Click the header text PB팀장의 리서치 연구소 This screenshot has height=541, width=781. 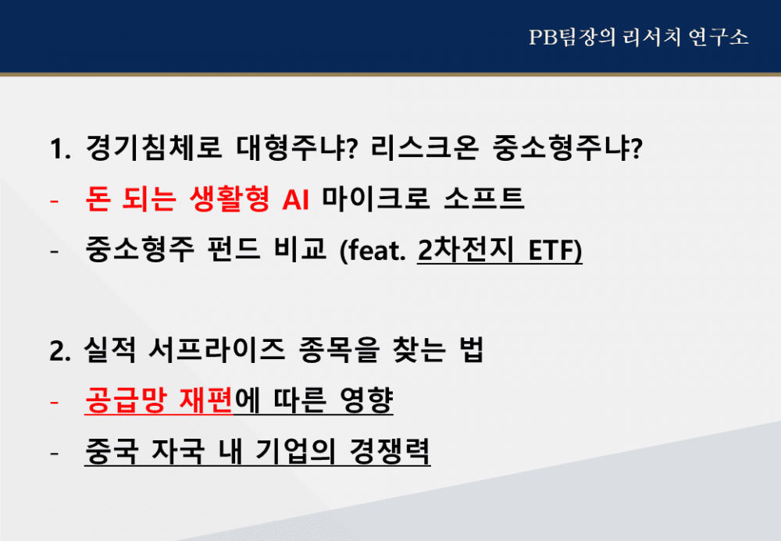tap(639, 37)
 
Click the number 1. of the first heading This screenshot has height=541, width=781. tap(60, 148)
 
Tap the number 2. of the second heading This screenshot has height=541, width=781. tap(60, 351)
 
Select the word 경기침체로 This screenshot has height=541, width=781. tap(153, 148)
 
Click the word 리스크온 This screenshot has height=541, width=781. tap(425, 148)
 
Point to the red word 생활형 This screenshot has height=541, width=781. tap(230, 198)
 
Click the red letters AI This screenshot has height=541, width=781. tap(295, 200)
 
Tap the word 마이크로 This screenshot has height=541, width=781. tap(376, 198)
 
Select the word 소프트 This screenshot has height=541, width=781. tap(483, 198)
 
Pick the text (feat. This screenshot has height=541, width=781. tap(372, 251)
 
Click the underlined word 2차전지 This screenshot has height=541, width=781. tap(465, 249)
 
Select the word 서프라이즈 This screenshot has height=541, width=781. tap(216, 350)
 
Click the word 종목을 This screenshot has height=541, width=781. tap(339, 350)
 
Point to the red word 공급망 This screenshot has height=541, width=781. tap(125, 400)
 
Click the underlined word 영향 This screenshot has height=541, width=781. tap(366, 400)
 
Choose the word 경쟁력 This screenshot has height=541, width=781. tap(390, 451)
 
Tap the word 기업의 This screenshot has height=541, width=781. tap(295, 451)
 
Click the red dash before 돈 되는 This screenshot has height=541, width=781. tap(55, 201)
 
